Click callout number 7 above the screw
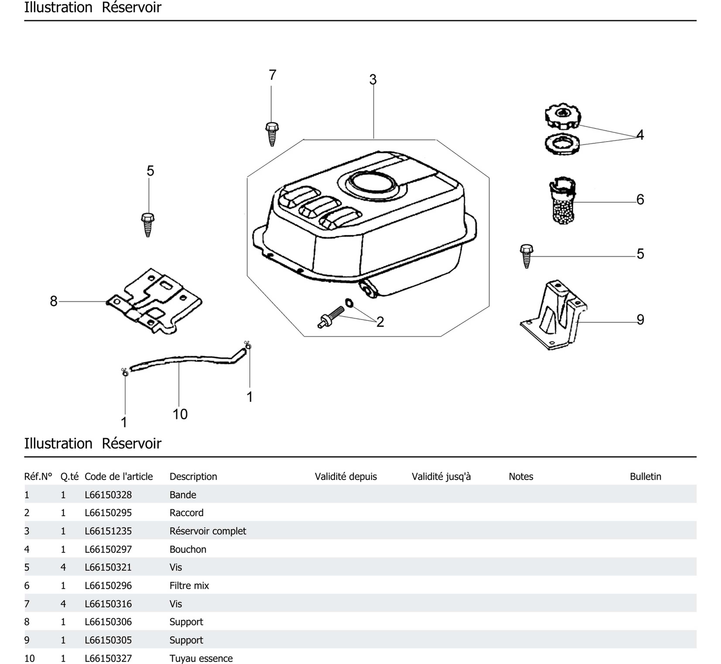click(272, 75)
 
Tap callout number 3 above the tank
click(373, 79)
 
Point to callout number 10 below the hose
click(180, 414)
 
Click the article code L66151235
click(108, 531)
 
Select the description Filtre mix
click(189, 586)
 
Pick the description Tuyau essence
click(201, 658)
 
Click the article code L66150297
click(108, 549)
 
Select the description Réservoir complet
click(208, 531)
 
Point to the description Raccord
click(186, 513)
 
